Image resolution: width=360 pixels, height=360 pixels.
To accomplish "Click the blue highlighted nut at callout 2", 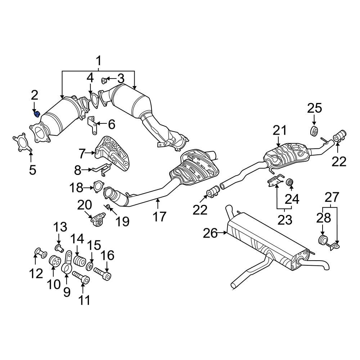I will (x=36, y=114).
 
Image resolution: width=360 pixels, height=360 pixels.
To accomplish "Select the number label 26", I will (x=210, y=233).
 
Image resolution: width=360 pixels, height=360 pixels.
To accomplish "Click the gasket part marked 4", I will (x=94, y=100).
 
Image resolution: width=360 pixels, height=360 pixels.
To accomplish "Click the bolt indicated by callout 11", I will (x=82, y=278).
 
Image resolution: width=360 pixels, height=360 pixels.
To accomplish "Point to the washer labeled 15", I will (x=90, y=266).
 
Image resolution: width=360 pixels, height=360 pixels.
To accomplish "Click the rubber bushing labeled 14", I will (x=79, y=260).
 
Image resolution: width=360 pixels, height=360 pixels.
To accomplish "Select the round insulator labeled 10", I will (x=54, y=262).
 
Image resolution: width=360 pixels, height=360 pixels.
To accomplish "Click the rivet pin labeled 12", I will (x=40, y=252).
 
